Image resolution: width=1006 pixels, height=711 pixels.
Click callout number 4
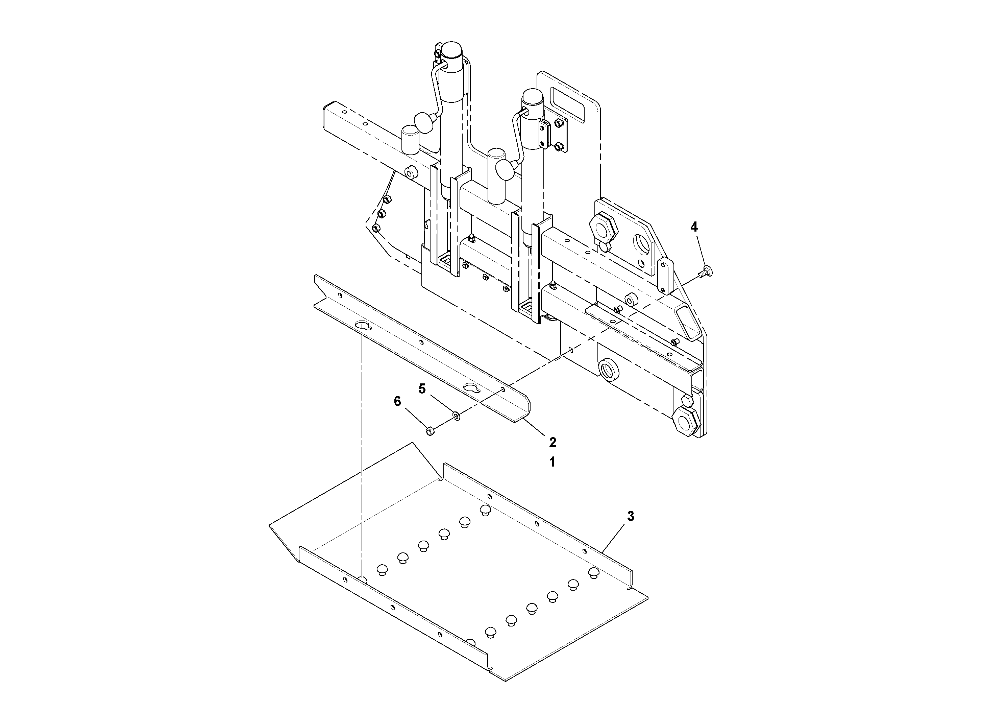tap(694, 227)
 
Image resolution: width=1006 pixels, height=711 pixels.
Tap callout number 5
tap(422, 389)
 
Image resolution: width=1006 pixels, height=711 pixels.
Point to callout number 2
tap(553, 442)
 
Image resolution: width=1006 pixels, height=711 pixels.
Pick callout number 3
tap(631, 516)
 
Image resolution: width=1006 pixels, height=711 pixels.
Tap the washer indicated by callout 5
tap(457, 415)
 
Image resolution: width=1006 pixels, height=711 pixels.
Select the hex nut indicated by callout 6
tap(430, 431)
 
